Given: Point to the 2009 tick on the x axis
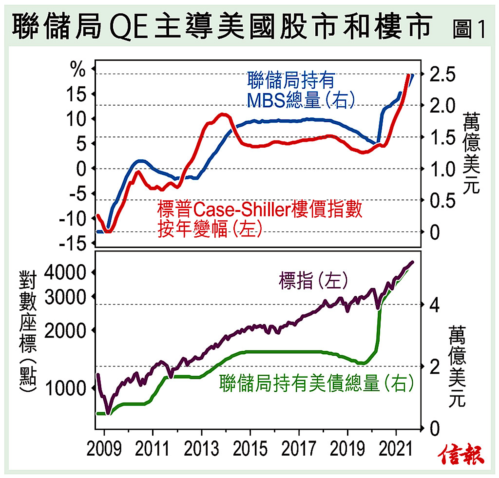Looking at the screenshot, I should pyautogui.click(x=104, y=449).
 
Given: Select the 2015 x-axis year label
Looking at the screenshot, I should pyautogui.click(x=250, y=449).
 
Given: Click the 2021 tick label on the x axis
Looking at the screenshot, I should pyautogui.click(x=396, y=449).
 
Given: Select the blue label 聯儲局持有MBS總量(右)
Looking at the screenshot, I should pyautogui.click(x=300, y=90).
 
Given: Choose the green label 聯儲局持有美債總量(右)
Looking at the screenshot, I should pyautogui.click(x=316, y=383).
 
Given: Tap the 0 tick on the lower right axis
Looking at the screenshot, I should pyautogui.click(x=435, y=428).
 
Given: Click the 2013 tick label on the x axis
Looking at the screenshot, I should pyautogui.click(x=201, y=449).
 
